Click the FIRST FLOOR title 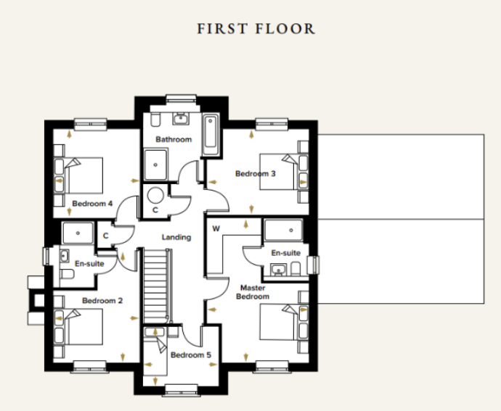[x=256, y=29]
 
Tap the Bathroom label [x=174, y=139]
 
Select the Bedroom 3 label [x=256, y=173]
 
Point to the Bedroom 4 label [x=92, y=204]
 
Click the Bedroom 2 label [x=102, y=301]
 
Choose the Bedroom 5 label [x=191, y=355]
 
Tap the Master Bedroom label [x=253, y=292]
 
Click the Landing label [x=176, y=237]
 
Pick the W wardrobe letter [x=216, y=228]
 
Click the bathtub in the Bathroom [x=211, y=134]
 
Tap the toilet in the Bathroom [x=155, y=120]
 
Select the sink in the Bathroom [x=182, y=119]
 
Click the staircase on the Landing [x=156, y=286]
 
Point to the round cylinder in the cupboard [x=155, y=195]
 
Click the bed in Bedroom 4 [x=78, y=175]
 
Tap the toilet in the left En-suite [x=67, y=274]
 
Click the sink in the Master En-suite [x=279, y=270]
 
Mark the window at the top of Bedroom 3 [x=272, y=124]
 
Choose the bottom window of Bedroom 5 [x=181, y=390]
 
